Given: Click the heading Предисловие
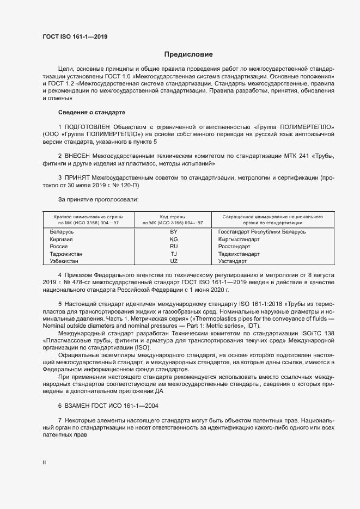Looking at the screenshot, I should point(188,54).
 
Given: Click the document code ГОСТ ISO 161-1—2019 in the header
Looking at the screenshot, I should point(75,36).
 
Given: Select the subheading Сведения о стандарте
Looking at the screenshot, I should point(91,112).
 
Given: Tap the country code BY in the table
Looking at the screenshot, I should point(174,232).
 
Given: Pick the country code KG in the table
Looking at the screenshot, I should point(174,240).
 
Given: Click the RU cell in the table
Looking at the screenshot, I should point(174,247).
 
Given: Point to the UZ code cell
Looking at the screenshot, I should point(174,261).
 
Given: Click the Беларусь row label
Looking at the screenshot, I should point(62,232).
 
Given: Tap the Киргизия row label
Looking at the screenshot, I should point(62,240).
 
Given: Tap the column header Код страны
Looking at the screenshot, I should point(173,217).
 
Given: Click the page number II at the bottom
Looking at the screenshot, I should point(44,463).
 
